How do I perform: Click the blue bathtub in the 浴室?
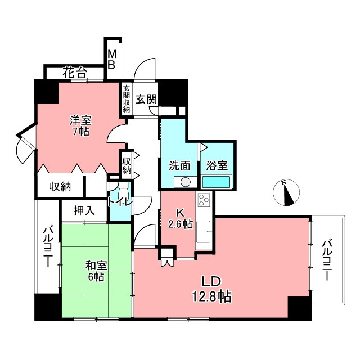pos(216,182)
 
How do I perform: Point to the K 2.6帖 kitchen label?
pos(181,218)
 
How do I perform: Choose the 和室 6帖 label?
pos(94,270)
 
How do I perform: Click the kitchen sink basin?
pos(204,231)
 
